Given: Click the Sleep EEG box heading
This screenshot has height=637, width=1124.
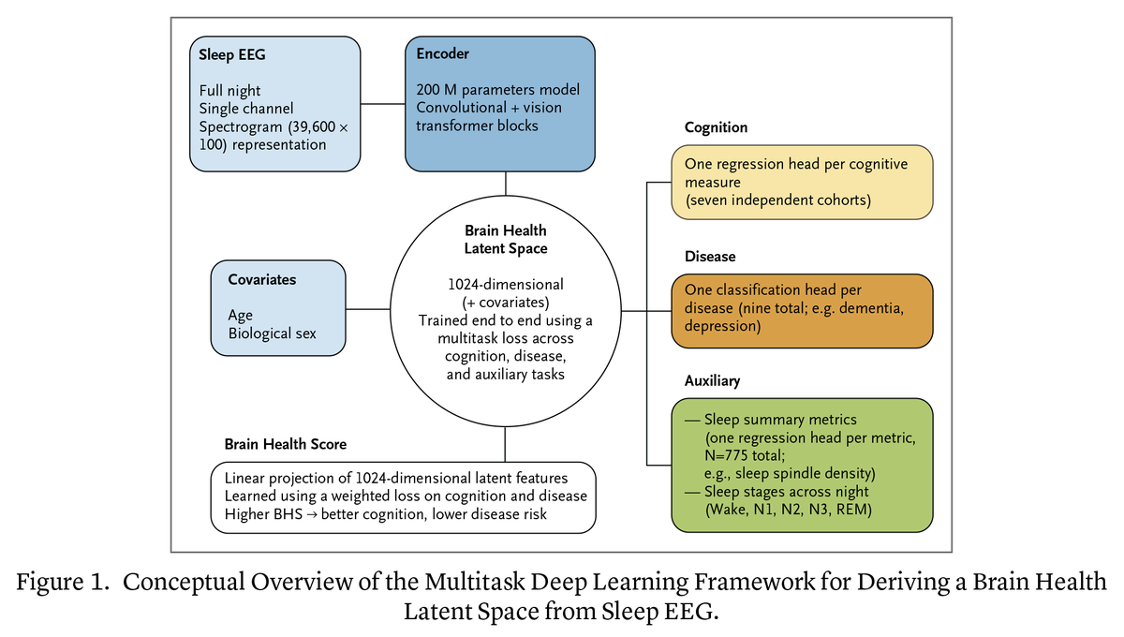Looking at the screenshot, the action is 232,54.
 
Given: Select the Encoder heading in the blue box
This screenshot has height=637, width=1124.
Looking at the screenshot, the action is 442,53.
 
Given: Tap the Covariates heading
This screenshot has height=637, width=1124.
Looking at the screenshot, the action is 262,279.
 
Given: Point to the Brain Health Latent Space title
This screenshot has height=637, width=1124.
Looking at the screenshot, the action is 505,240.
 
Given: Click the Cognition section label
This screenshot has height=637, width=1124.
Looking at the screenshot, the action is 716,127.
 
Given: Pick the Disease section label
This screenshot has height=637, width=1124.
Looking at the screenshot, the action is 710,257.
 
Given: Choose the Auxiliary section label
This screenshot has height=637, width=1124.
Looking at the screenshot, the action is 712,381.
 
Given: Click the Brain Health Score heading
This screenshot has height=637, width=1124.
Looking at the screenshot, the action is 285,444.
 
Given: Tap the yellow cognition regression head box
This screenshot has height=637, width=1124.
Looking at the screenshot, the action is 802,183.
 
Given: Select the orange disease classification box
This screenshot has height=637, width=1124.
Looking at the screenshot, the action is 802,311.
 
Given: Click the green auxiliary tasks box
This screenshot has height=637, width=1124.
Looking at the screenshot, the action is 802,466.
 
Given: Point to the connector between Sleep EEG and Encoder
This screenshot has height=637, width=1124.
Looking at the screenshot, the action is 383,104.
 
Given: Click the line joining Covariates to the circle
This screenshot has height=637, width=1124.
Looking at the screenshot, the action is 368,309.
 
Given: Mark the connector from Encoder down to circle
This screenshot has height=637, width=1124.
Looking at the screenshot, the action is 505,184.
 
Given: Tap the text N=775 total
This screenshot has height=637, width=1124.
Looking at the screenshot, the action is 745,456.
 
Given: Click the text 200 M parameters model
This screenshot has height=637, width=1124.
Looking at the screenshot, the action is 497,90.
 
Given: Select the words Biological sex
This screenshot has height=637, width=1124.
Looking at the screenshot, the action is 272,333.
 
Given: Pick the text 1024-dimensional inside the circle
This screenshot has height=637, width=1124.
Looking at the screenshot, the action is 505,285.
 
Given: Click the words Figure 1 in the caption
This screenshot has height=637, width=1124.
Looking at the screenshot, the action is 62,583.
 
